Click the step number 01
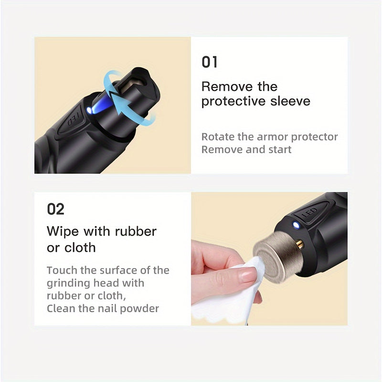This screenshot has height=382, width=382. pos(209,62)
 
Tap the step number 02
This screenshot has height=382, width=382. pos(55,209)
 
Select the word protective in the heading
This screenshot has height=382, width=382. pos(231,101)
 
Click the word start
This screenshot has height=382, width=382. pos(278,149)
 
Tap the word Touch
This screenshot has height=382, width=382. pos(63,270)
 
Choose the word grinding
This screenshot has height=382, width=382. pos(66,283)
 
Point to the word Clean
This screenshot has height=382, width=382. pos(60,308)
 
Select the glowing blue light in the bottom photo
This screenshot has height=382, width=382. pos(296,225)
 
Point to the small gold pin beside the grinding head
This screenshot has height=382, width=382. pos(299,244)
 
